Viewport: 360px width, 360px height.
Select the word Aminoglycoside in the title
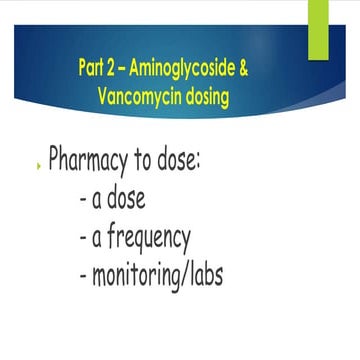184,68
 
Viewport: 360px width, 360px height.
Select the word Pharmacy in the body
93,160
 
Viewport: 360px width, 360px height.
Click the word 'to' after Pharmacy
155,160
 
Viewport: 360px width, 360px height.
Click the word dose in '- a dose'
125,198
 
